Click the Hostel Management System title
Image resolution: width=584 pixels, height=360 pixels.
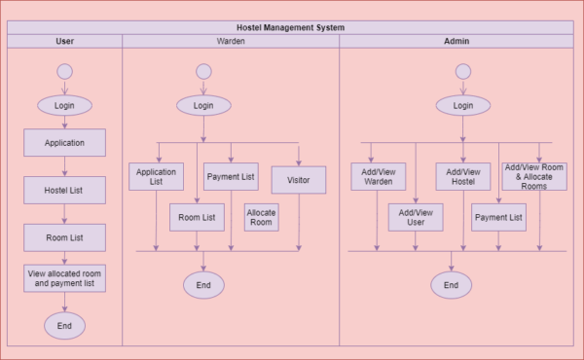[292, 27]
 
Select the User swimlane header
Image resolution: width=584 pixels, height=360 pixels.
[64, 41]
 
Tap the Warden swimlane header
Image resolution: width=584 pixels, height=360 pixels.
[231, 41]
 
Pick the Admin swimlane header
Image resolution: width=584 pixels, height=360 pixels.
[456, 41]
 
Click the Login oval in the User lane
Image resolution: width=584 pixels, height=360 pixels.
[64, 105]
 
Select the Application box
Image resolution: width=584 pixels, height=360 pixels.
[64, 142]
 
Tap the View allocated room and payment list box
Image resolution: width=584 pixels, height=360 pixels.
[64, 278]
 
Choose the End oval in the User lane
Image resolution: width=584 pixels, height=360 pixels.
[64, 325]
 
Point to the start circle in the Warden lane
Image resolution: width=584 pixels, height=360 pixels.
[202, 72]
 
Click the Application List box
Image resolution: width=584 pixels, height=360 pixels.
[156, 176]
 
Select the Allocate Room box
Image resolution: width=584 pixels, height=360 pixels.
[261, 217]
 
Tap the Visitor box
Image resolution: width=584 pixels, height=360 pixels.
[298, 180]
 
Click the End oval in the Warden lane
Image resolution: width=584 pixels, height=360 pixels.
[203, 284]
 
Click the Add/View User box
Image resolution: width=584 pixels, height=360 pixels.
[416, 217]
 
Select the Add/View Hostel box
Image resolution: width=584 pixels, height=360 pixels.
[462, 176]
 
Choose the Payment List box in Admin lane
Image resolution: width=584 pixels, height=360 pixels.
[498, 217]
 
